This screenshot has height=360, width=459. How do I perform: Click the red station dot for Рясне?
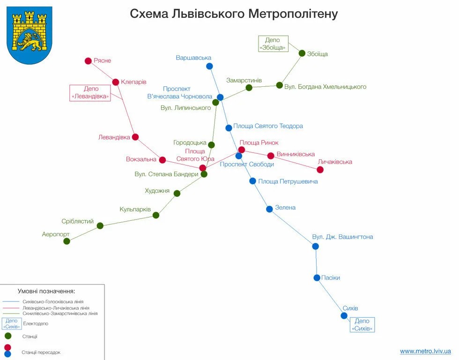point(88,61)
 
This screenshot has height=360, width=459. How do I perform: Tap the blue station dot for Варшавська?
point(209,66)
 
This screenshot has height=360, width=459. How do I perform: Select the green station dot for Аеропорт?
point(67,241)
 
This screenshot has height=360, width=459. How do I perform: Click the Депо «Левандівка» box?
point(90,93)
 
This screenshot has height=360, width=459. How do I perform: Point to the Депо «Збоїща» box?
point(273,44)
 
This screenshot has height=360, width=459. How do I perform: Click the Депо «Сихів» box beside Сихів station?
point(362,324)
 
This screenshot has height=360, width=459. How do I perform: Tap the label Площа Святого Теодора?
point(268,126)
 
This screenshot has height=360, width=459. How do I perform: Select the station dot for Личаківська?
point(320,169)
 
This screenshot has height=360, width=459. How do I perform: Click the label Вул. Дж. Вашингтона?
point(342,237)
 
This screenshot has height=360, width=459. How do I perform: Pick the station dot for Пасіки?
point(317,277)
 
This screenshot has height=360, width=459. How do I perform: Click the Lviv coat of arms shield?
point(29,35)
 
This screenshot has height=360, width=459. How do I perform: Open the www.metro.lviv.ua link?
point(425,351)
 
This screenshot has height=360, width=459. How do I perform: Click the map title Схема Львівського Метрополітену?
point(234,14)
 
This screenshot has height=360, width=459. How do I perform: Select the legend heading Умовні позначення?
point(46,291)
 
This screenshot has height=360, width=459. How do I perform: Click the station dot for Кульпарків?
point(156,215)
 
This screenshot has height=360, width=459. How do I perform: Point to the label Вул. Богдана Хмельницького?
point(325,87)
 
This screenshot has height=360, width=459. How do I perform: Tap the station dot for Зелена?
point(269,209)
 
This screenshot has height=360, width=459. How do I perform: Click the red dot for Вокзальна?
point(163,160)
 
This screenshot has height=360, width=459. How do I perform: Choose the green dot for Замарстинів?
point(249,88)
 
